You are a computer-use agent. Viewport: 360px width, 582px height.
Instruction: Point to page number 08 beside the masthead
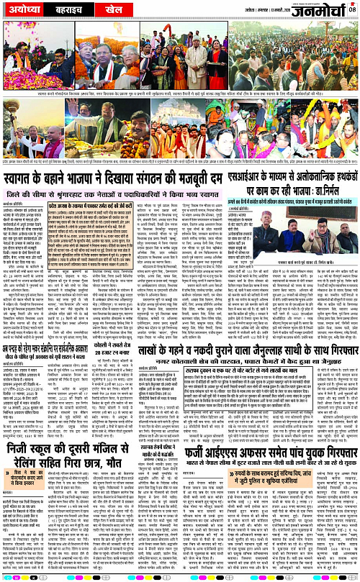353,8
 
